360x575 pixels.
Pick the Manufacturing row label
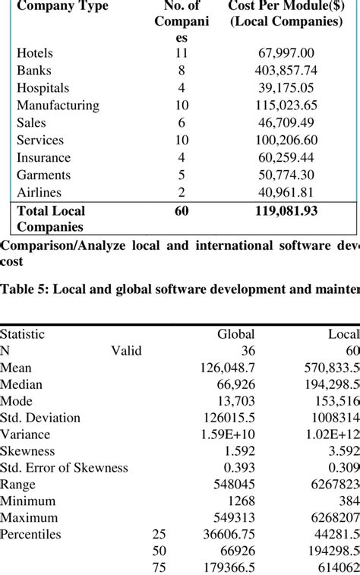click(58, 106)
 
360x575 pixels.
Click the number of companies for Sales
click(181, 123)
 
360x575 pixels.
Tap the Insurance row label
click(43, 158)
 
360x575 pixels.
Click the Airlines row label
click(39, 193)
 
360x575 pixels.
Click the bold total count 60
click(181, 211)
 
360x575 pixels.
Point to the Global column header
click(236, 333)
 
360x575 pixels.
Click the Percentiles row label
click(30, 535)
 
